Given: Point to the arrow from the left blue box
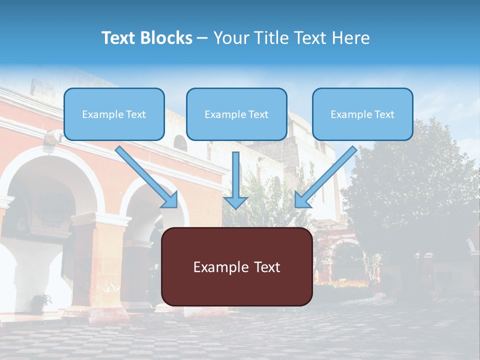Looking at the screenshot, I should tap(147, 177).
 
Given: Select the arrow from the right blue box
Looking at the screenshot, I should tap(325, 177).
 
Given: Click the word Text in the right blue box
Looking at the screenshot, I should tap(384, 114).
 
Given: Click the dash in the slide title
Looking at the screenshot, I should tap(202, 38).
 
